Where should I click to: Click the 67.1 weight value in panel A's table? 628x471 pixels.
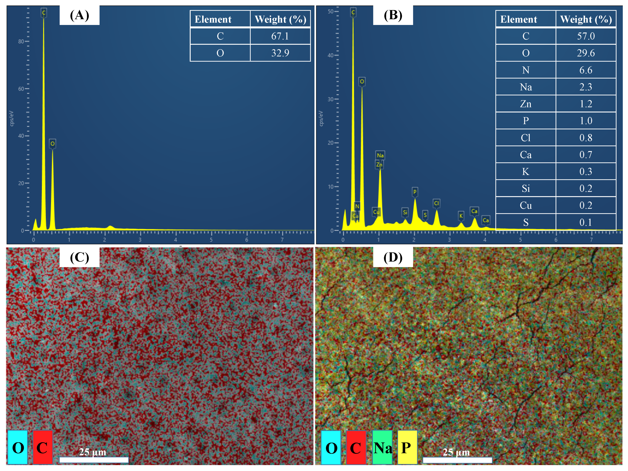280,36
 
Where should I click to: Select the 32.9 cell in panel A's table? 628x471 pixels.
280,53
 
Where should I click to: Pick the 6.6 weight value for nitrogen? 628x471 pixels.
586,70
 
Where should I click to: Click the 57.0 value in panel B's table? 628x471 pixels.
586,36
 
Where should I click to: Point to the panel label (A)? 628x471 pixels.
79,15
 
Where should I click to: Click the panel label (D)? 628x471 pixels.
393,257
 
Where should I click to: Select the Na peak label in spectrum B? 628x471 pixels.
380,155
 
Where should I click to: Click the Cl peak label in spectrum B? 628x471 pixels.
436,203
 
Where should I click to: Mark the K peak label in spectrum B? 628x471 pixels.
461,216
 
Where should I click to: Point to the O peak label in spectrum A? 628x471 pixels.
52,144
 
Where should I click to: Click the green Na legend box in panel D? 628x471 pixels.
382,448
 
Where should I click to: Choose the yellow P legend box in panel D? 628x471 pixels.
407,448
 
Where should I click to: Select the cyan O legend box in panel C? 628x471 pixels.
18,448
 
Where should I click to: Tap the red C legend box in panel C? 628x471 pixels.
43,448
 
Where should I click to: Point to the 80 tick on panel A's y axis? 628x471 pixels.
21,42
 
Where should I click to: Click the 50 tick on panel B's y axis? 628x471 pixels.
330,11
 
